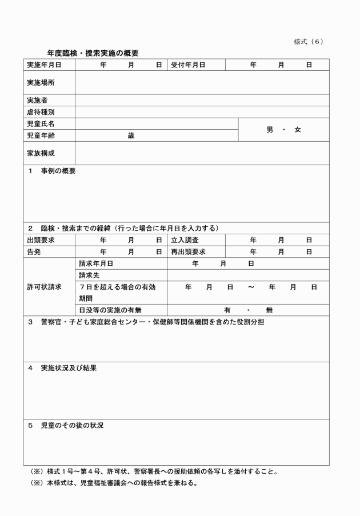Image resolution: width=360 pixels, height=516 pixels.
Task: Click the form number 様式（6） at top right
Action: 309,41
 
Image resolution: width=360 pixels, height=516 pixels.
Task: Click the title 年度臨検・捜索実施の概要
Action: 93,53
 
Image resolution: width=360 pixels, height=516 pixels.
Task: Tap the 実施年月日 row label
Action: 44,65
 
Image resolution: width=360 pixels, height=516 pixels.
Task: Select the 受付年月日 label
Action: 188,65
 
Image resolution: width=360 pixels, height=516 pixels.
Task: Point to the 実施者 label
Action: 37,101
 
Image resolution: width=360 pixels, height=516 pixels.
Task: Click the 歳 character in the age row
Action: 131,135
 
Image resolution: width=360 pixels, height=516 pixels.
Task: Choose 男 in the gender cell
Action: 270,130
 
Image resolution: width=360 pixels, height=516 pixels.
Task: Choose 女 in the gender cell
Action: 298,130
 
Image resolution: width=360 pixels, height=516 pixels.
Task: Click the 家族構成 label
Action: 41,153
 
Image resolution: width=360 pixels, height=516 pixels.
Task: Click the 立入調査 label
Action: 185,240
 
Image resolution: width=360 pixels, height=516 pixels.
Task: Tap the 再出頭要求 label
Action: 188,251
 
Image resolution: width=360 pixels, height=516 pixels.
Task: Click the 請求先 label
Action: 89,275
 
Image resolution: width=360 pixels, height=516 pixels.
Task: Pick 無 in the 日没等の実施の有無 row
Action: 269,310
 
